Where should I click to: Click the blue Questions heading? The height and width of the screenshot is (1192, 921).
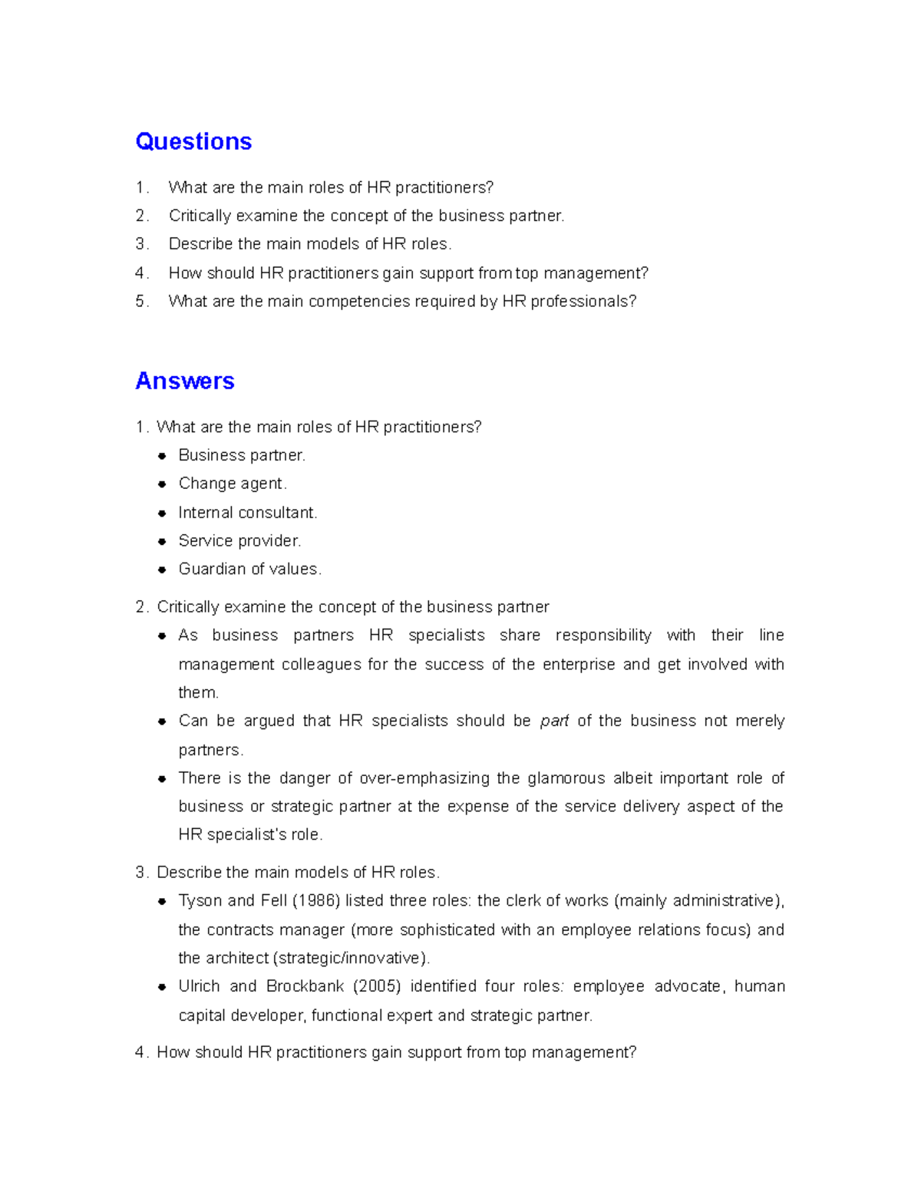(193, 142)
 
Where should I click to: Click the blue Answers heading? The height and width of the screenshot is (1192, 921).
(185, 381)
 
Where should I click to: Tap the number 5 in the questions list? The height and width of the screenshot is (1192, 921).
(140, 302)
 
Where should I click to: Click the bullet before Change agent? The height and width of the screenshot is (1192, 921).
(162, 484)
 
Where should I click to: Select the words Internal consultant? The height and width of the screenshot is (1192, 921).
(247, 513)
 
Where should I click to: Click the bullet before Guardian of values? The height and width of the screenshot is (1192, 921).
(162, 570)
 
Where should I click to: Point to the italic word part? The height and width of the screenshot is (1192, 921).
(554, 721)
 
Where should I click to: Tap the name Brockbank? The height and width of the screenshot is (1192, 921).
(305, 986)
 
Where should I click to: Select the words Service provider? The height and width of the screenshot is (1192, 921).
(239, 541)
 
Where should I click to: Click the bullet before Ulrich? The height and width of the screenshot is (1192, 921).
(162, 987)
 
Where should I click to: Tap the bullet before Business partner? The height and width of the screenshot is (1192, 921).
(162, 456)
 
